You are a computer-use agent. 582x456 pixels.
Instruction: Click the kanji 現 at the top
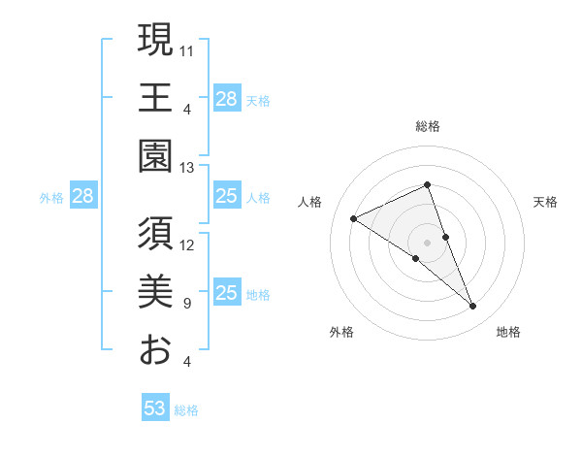pyautogui.click(x=156, y=40)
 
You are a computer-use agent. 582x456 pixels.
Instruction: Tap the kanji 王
pyautogui.click(x=156, y=98)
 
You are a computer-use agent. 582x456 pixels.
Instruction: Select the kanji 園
pyautogui.click(x=156, y=155)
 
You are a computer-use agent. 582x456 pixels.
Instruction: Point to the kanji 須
pyautogui.click(x=156, y=234)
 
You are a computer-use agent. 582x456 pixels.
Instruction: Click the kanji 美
pyautogui.click(x=156, y=292)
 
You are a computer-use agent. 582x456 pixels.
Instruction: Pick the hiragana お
pyautogui.click(x=156, y=349)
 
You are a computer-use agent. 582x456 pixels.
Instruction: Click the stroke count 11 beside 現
pyautogui.click(x=187, y=49)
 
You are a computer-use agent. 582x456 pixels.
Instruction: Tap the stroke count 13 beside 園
pyautogui.click(x=187, y=167)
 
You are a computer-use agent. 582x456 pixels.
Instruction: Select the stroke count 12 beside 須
pyautogui.click(x=187, y=244)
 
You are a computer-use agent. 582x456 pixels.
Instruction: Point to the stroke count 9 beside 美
pyautogui.click(x=186, y=304)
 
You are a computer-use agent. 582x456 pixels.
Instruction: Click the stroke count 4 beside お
pyautogui.click(x=186, y=362)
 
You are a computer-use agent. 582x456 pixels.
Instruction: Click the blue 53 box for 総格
pyautogui.click(x=155, y=408)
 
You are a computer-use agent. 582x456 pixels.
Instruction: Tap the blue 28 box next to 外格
pyautogui.click(x=83, y=197)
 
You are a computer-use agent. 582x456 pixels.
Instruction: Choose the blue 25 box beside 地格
pyautogui.click(x=227, y=294)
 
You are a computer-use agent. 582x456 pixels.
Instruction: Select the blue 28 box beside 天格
pyautogui.click(x=227, y=99)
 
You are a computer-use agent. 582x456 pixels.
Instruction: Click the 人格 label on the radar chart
pyautogui.click(x=310, y=202)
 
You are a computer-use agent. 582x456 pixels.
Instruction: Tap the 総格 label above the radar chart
pyautogui.click(x=428, y=126)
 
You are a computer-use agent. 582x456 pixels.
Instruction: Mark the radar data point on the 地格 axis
pyautogui.click(x=473, y=307)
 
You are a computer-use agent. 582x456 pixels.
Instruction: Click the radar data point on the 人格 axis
pyautogui.click(x=354, y=218)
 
